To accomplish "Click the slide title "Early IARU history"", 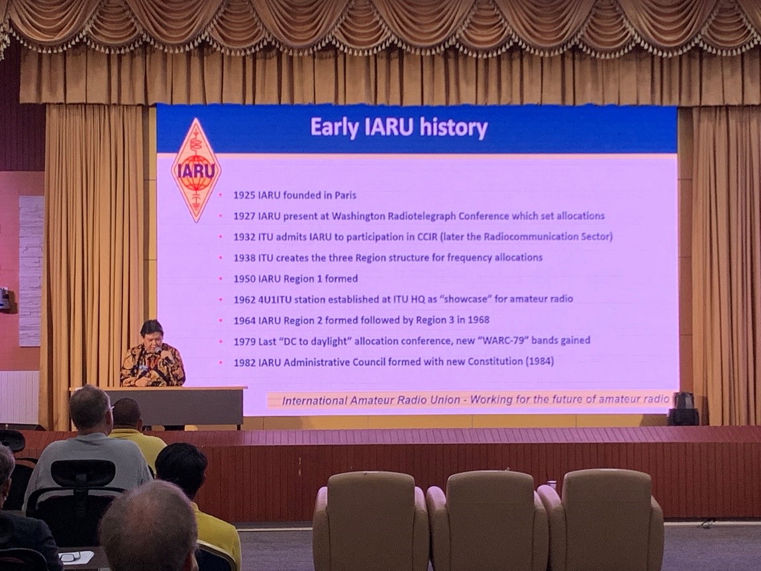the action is [x=399, y=127].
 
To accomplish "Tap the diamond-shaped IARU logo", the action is [x=196, y=170].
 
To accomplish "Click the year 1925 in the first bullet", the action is [x=244, y=195].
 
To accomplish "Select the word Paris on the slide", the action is [x=345, y=195].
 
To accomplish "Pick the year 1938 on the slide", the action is [x=244, y=258].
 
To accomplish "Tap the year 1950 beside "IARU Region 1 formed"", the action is [x=244, y=279].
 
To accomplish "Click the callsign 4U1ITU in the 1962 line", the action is [x=275, y=299].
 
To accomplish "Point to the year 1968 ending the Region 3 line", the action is [x=478, y=320].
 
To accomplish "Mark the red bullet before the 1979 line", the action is [x=221, y=342].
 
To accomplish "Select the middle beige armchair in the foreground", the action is [x=487, y=520].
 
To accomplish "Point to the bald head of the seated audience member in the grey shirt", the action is [x=90, y=408].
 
